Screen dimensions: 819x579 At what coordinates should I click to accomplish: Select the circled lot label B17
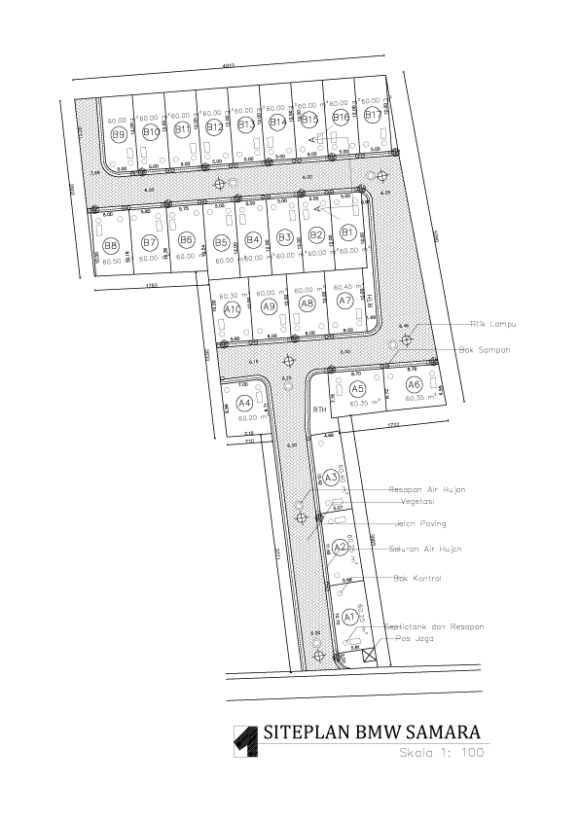372,116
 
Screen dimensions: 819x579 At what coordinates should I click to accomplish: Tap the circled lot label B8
111,245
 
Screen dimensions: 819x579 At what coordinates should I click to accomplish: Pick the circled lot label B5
221,242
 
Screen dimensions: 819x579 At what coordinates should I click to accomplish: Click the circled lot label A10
233,309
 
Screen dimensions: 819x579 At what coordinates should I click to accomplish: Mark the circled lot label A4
244,402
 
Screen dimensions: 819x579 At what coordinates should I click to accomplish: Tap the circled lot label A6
415,385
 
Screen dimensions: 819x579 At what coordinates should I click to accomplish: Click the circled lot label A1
349,617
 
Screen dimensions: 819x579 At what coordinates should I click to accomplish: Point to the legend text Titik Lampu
491,323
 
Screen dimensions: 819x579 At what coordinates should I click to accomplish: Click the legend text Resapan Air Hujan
426,489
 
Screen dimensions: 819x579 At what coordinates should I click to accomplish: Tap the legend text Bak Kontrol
416,579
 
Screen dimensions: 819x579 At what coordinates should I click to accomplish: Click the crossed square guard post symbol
369,655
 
